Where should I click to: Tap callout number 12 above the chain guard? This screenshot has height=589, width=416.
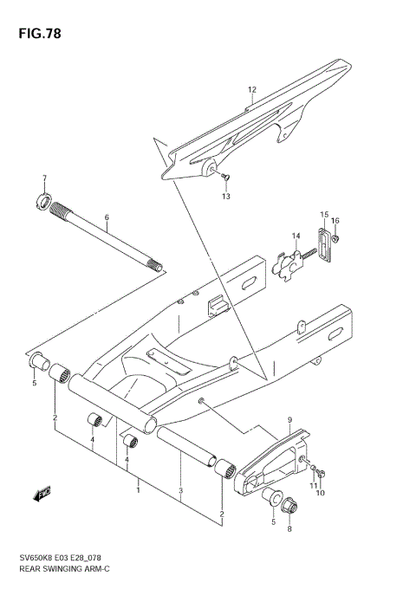[252, 90]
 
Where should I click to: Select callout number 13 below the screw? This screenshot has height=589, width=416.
[226, 197]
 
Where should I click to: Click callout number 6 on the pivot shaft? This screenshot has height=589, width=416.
[107, 217]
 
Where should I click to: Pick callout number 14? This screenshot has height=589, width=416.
[295, 236]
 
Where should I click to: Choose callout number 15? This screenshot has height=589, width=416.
[323, 214]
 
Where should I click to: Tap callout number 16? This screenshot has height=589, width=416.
[335, 221]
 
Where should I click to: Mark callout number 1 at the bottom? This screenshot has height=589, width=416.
[136, 490]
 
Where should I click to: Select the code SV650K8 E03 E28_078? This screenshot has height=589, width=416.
[67, 560]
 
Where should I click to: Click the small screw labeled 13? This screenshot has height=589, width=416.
[224, 177]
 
